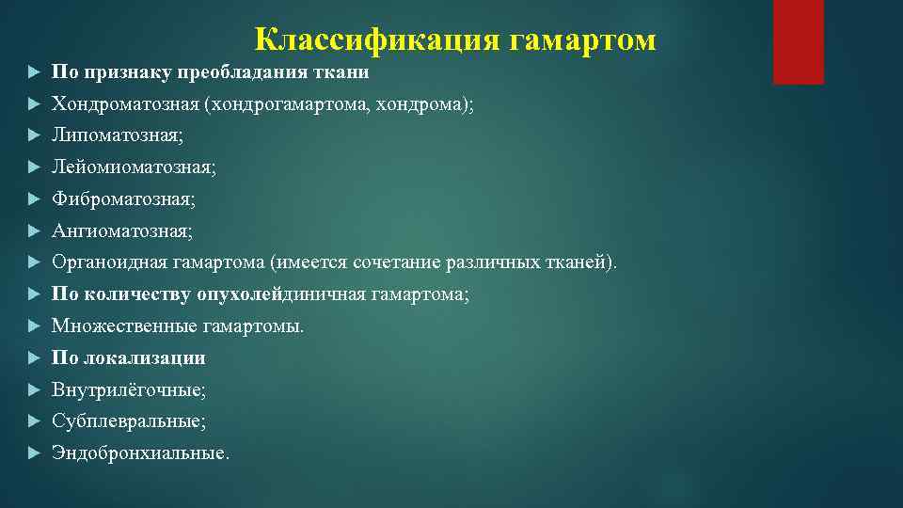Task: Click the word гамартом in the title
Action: (x=583, y=40)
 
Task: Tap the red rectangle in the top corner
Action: (x=798, y=42)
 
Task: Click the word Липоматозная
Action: (x=117, y=135)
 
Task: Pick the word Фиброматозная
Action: (x=123, y=199)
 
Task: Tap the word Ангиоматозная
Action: (x=121, y=230)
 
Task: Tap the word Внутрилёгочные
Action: (x=128, y=389)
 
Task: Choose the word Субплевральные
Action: (x=128, y=421)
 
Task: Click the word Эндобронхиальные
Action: (x=138, y=453)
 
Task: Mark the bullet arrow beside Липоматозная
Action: (x=33, y=135)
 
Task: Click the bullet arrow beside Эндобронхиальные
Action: (x=33, y=453)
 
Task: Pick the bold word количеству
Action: (x=138, y=294)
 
